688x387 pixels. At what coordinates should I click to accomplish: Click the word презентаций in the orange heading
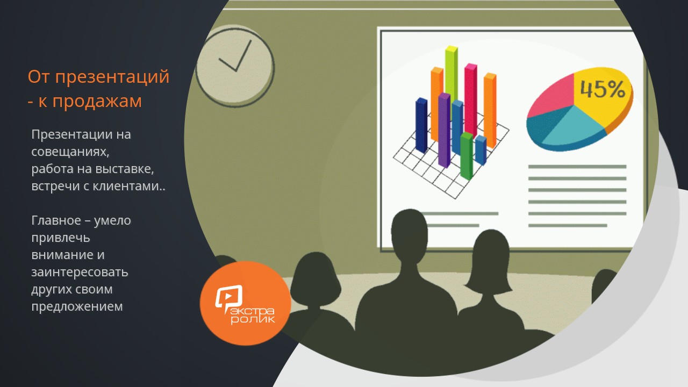click(112, 77)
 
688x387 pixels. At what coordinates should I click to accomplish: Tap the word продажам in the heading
click(97, 101)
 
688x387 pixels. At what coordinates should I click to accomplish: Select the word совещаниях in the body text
click(70, 152)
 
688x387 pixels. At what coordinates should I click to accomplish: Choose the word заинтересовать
click(80, 273)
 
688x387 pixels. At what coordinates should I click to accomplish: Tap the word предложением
click(77, 307)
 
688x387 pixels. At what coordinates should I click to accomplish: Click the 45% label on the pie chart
click(603, 89)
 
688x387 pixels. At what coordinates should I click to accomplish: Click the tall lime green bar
click(451, 77)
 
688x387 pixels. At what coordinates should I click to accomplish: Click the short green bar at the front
click(467, 156)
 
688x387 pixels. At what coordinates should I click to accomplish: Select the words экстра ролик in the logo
click(253, 316)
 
